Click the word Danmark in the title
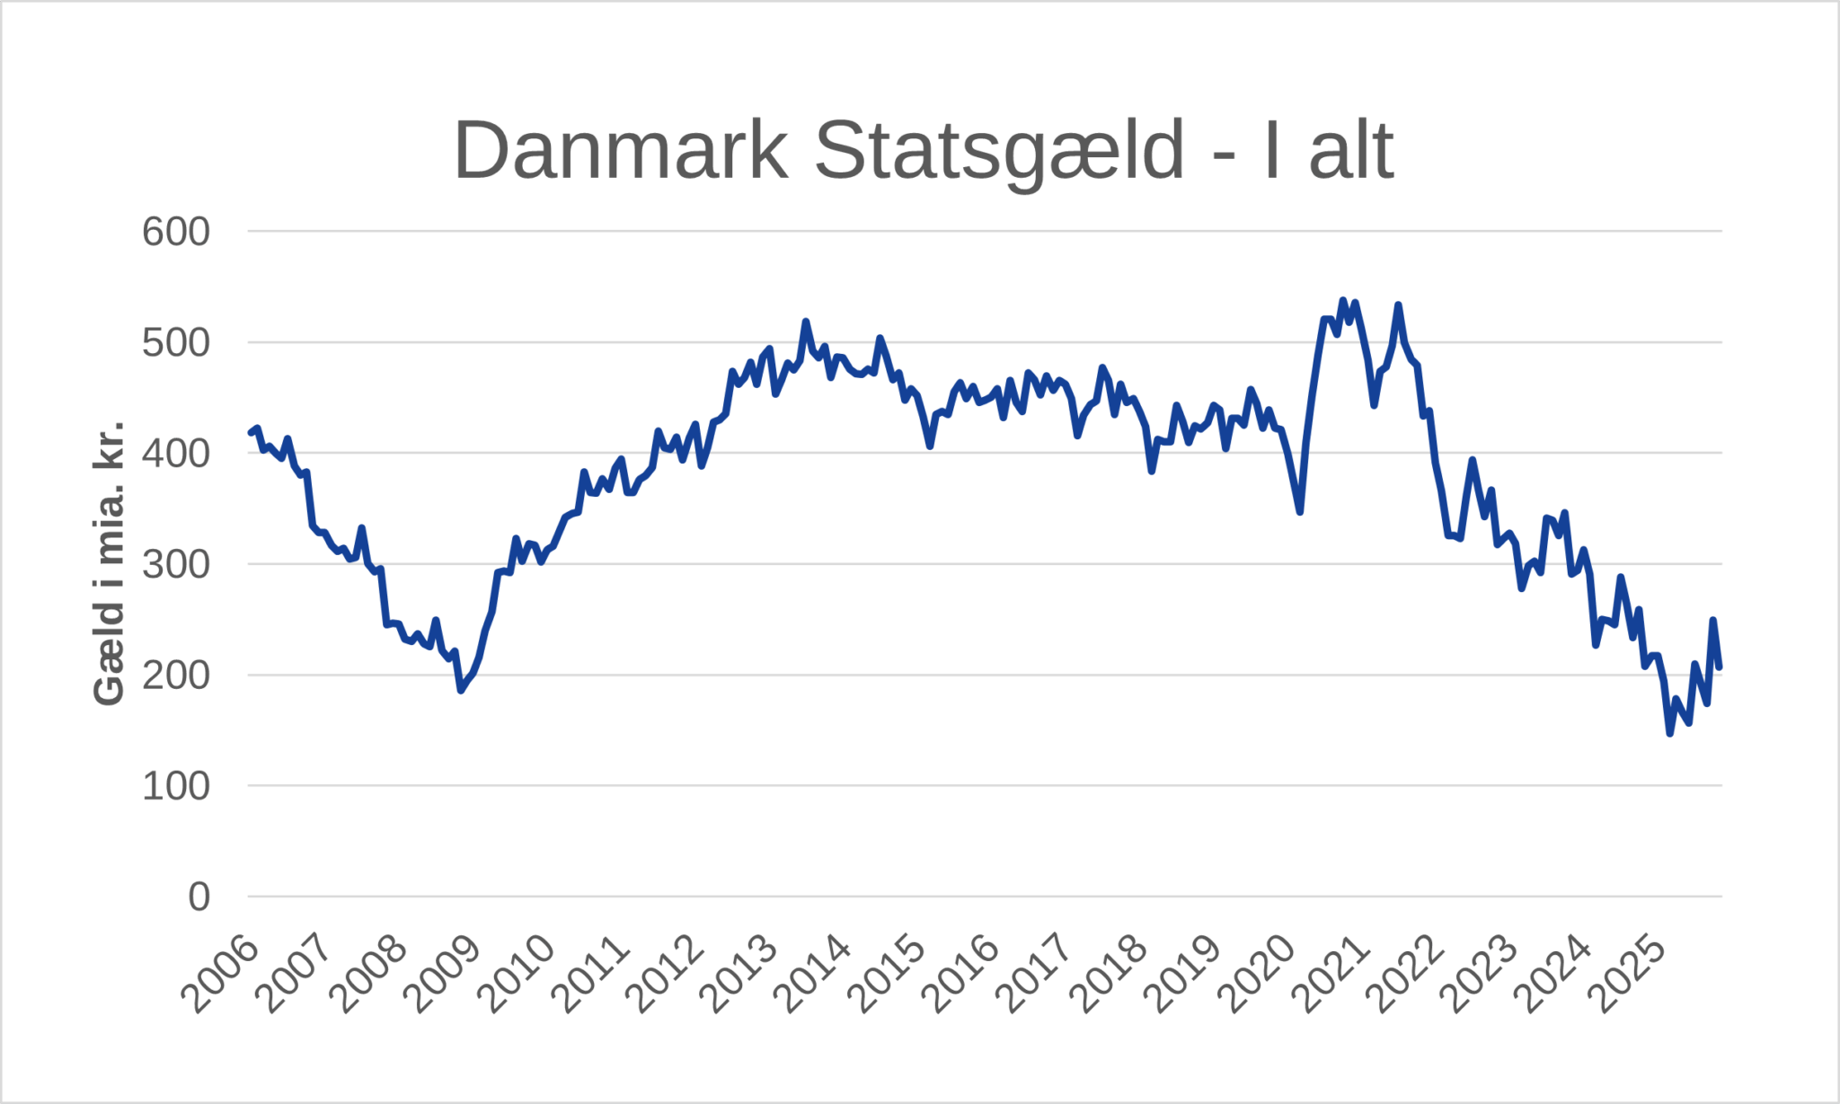(621, 151)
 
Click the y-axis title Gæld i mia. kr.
(109, 562)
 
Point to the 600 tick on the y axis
(176, 232)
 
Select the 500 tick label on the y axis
(176, 342)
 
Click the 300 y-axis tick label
(176, 564)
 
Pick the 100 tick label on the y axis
(176, 786)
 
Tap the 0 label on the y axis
(199, 896)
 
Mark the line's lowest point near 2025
(1669, 734)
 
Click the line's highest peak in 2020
(1343, 301)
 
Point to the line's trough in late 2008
(460, 690)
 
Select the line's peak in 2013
(805, 322)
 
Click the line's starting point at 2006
(251, 433)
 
